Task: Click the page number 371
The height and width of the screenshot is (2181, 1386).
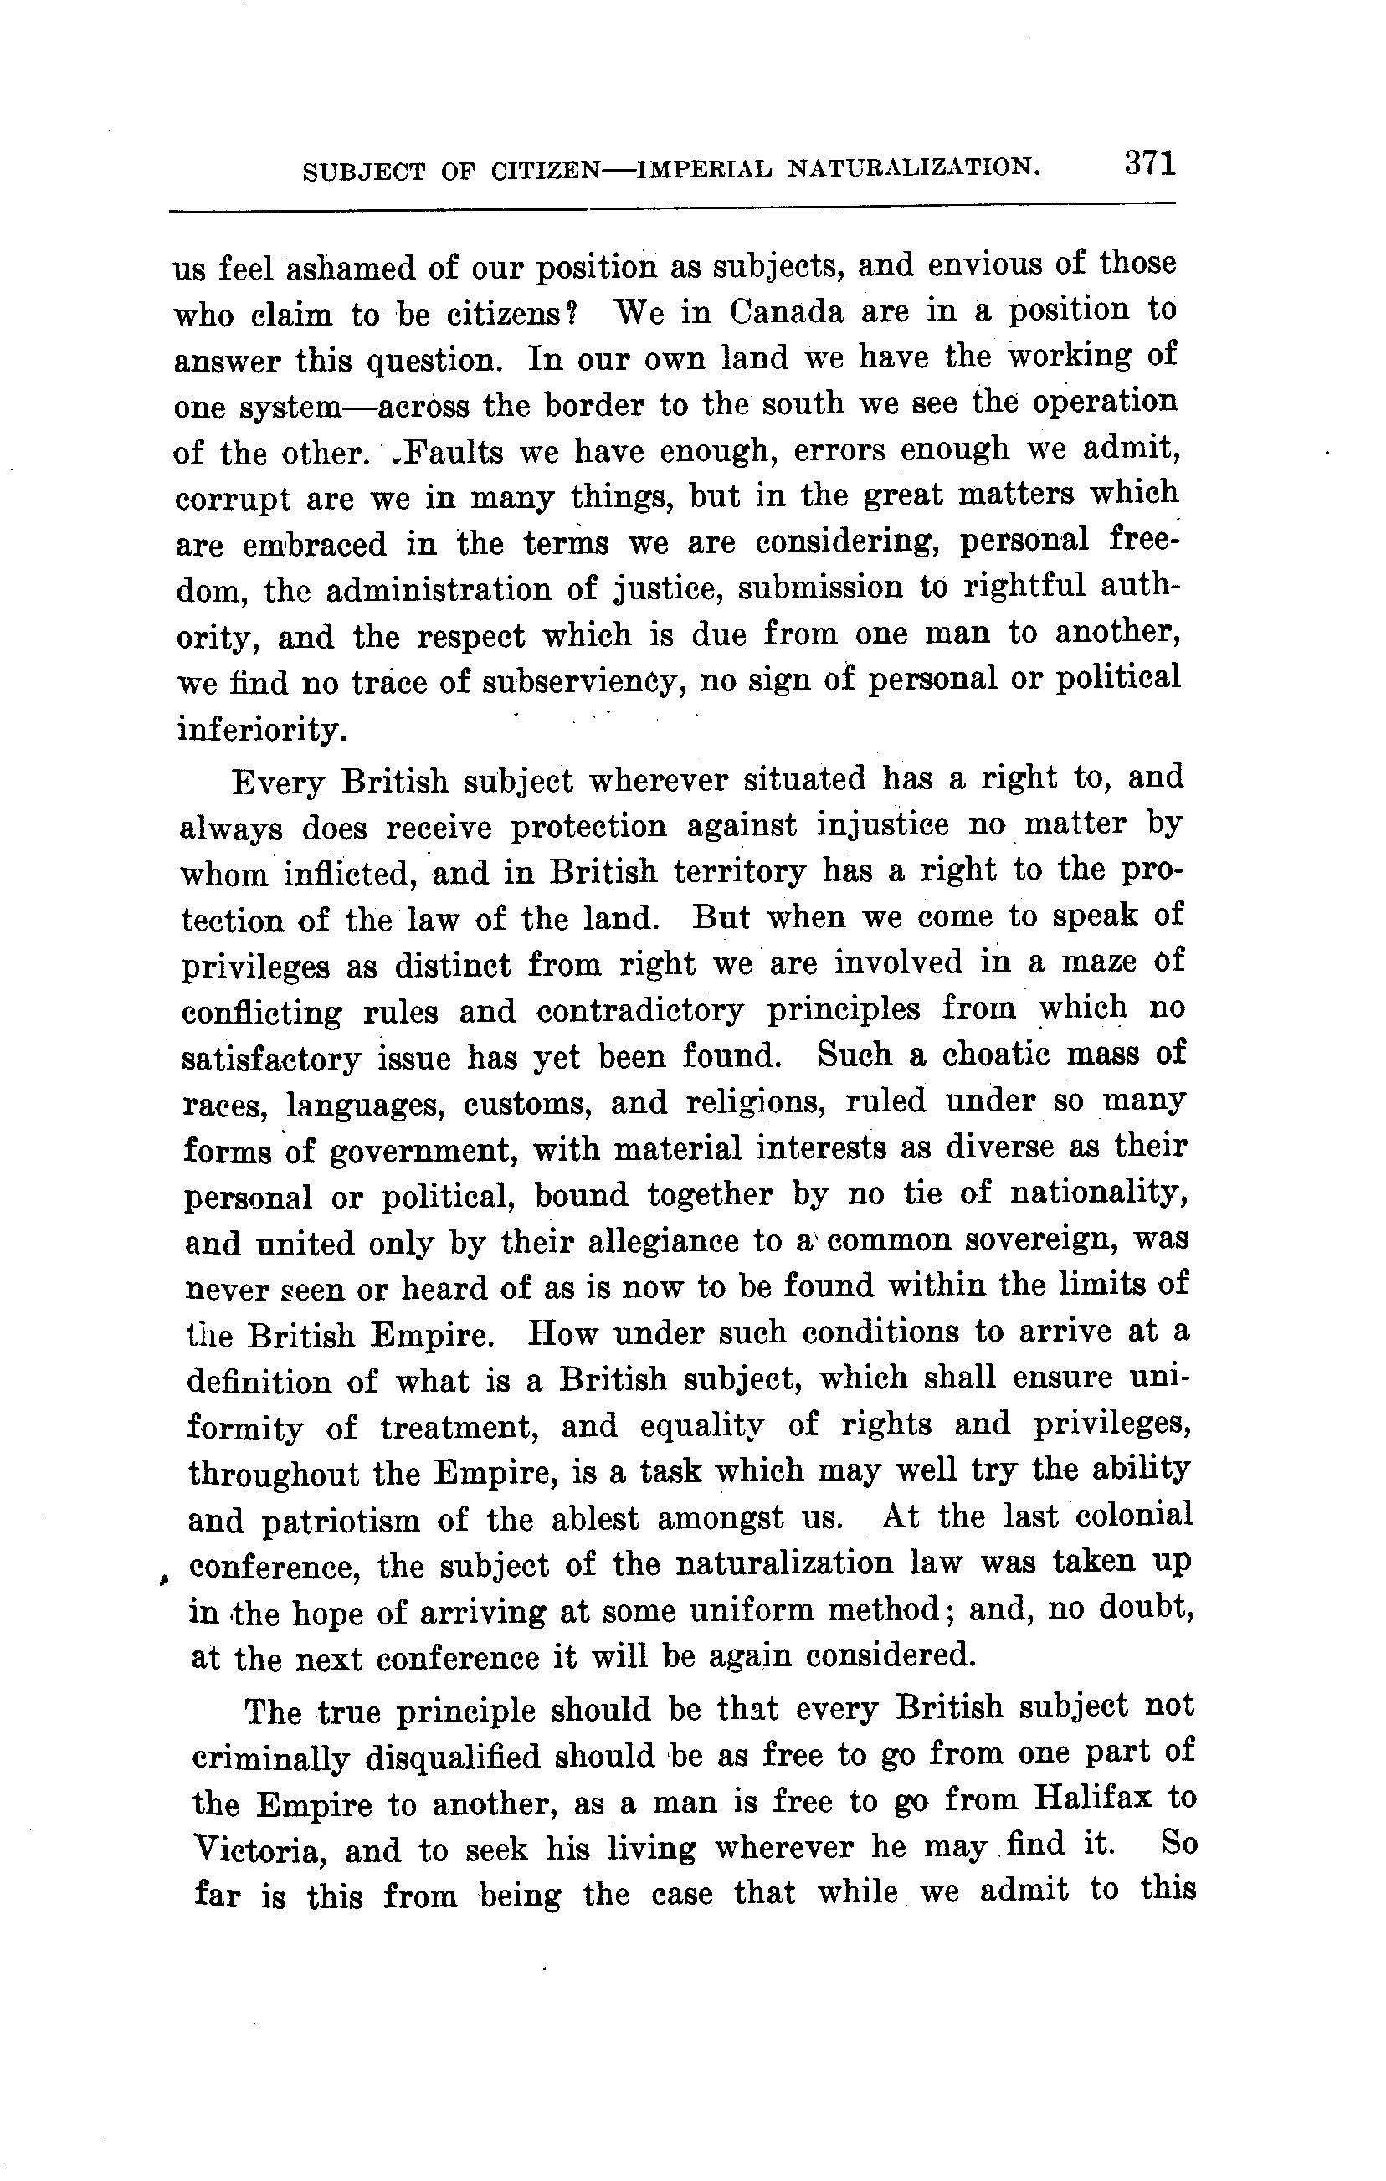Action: (x=1150, y=164)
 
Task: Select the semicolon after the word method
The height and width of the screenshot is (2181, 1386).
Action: (x=947, y=1610)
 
